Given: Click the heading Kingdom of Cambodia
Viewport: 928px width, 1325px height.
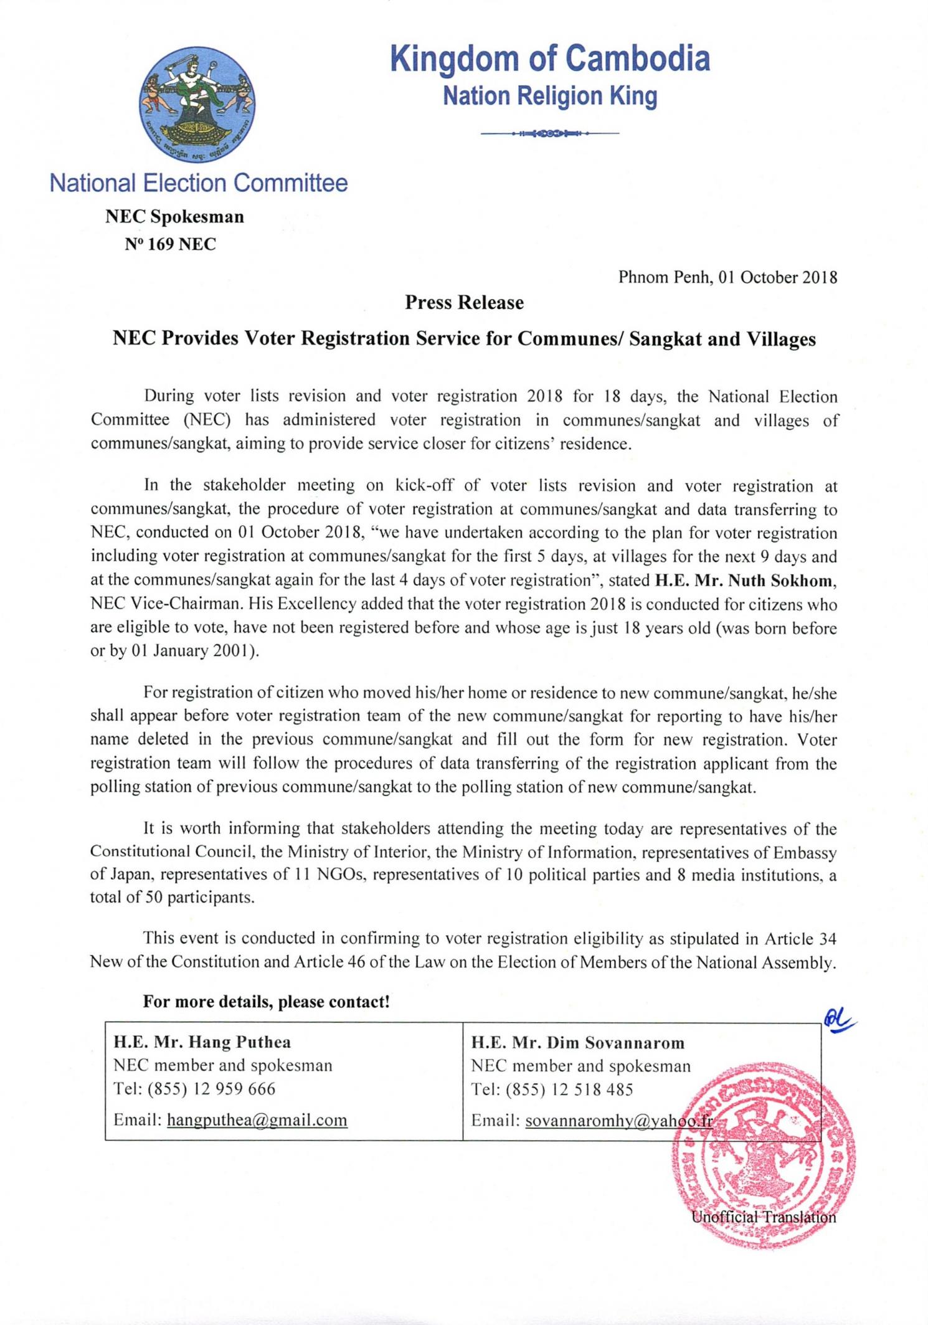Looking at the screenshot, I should click(550, 59).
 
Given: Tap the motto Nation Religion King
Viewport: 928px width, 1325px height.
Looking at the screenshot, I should click(550, 97).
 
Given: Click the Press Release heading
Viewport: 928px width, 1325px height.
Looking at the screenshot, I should click(464, 303).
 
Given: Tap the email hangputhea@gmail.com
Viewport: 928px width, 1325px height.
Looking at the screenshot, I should click(257, 1120).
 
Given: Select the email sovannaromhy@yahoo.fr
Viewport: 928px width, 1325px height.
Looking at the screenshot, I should click(618, 1121).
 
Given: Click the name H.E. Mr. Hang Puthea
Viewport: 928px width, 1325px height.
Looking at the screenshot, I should click(202, 1042).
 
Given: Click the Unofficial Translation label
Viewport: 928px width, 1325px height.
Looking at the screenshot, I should click(764, 1217).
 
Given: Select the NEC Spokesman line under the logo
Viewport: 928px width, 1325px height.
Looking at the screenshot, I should click(174, 217).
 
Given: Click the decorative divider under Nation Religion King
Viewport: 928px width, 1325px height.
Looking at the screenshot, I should click(550, 133).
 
